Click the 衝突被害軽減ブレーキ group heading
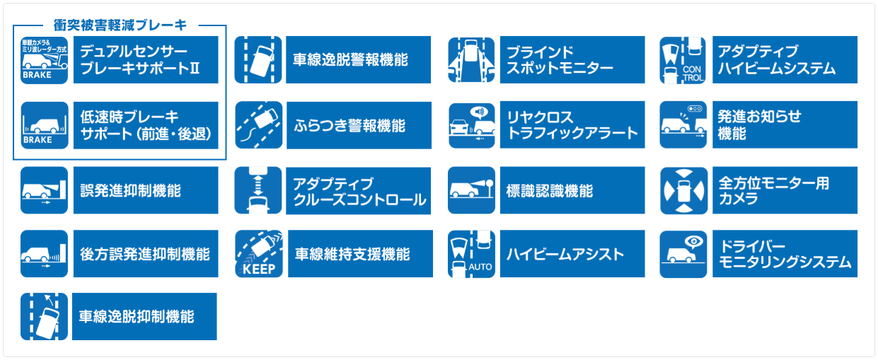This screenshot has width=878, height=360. tap(120, 25)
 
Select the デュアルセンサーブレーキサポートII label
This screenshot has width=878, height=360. tap(145, 60)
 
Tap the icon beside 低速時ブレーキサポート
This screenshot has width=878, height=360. tap(45, 125)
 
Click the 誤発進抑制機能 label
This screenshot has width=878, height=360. tap(145, 190)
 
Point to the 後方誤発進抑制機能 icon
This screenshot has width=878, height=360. tap(45, 253)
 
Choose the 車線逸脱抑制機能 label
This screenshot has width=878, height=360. tap(145, 316)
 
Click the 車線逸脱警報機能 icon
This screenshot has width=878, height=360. tap(258, 60)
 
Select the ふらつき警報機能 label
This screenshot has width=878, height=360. tap(359, 125)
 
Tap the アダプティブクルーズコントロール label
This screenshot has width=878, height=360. tap(359, 190)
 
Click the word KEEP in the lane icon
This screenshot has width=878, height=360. tap(258, 269)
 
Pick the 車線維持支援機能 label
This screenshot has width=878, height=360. tap(359, 253)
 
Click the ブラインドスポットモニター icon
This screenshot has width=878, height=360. tap(471, 60)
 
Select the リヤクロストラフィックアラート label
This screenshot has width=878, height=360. tap(572, 125)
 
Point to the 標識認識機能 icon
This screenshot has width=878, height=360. tap(471, 190)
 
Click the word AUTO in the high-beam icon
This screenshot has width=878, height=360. tap(480, 268)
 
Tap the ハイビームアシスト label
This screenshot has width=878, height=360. tap(572, 253)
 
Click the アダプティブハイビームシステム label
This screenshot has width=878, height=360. tap(785, 60)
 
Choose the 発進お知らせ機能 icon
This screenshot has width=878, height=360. tap(683, 125)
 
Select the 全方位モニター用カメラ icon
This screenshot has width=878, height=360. tap(683, 190)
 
